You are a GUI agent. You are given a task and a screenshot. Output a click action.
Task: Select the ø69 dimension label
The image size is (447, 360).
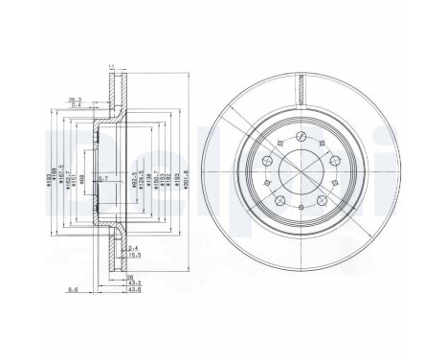click(82, 178)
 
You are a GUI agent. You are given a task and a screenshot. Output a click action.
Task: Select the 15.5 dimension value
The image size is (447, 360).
click(135, 254)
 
